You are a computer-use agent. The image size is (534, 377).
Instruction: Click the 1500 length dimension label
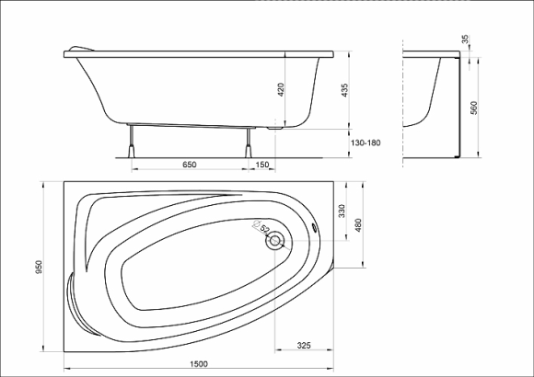point(199,364)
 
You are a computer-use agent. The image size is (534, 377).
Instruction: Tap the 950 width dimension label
point(39,267)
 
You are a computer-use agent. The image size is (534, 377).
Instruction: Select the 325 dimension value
point(304,346)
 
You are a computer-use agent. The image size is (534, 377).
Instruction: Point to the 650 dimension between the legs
point(190,165)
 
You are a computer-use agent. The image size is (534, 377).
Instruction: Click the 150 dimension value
point(261,165)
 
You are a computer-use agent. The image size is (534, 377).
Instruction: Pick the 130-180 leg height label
point(366,143)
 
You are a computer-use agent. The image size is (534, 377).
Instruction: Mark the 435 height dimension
point(344,90)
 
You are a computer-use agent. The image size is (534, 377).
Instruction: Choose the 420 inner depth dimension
point(281,89)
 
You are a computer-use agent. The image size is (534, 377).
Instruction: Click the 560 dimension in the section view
point(474,108)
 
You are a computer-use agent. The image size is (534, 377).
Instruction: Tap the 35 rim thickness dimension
point(465,40)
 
